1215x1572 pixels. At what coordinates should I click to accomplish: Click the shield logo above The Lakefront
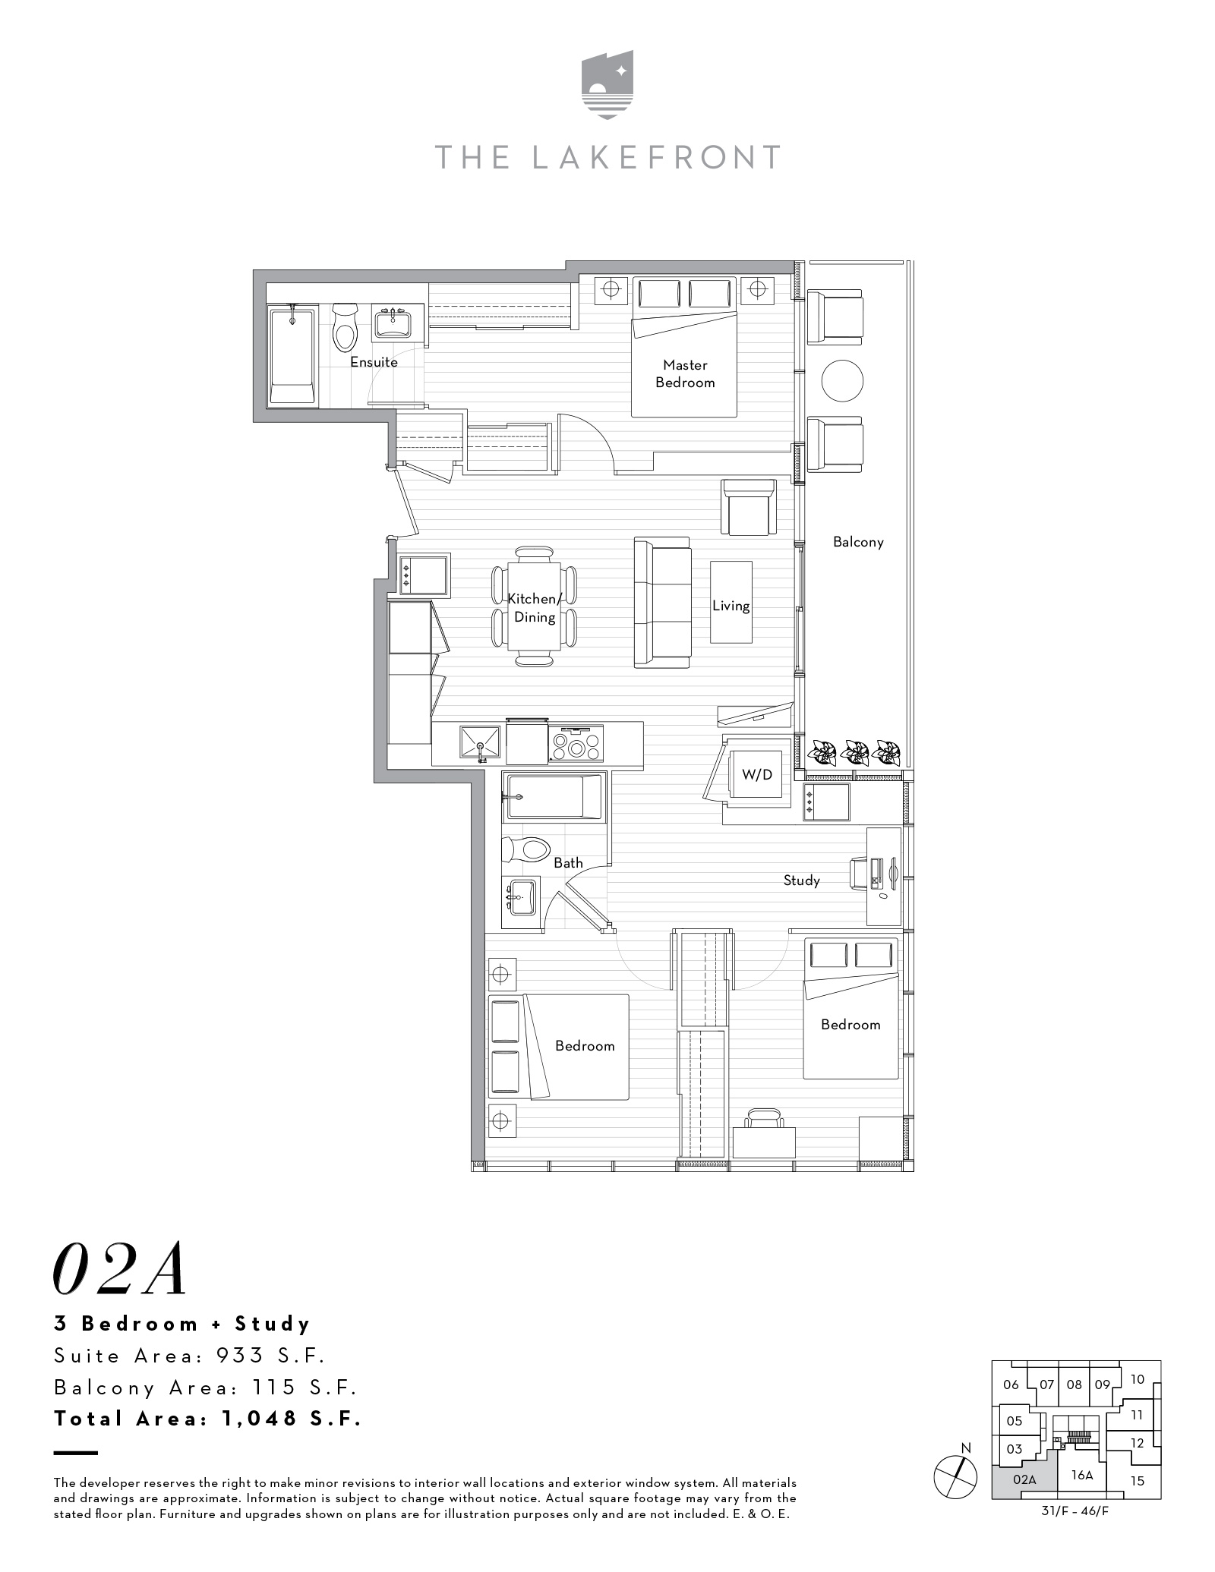click(x=607, y=85)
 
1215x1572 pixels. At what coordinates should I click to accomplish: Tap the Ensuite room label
click(x=374, y=362)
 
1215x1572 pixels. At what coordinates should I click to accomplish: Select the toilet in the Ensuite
click(x=346, y=327)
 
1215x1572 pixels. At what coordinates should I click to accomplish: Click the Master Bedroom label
click(x=685, y=374)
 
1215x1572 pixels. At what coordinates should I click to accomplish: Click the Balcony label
click(x=858, y=542)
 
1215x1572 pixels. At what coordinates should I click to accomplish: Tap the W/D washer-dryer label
click(x=756, y=774)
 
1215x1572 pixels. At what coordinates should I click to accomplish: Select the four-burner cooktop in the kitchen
click(x=577, y=745)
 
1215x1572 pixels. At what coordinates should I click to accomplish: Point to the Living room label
click(x=731, y=606)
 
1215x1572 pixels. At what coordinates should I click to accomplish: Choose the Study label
click(x=802, y=881)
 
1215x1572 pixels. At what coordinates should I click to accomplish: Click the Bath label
click(x=568, y=862)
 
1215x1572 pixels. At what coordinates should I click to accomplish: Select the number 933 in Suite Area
click(x=239, y=1356)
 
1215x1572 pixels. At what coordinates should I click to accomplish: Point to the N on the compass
click(x=966, y=1448)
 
